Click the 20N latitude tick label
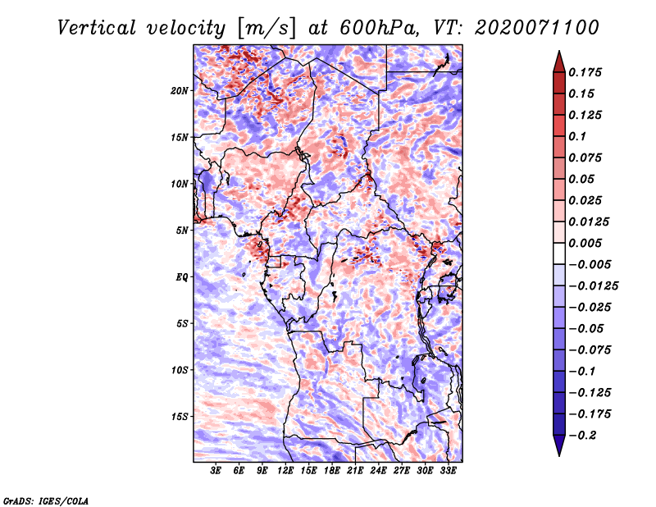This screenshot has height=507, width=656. click(180, 91)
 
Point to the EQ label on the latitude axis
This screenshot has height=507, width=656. click(182, 277)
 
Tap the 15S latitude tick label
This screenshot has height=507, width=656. click(180, 417)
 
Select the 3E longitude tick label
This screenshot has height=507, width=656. click(216, 470)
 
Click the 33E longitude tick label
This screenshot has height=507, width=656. click(448, 470)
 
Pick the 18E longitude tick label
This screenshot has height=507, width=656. click(332, 470)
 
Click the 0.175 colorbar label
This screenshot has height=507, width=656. click(585, 72)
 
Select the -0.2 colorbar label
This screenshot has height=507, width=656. click(582, 436)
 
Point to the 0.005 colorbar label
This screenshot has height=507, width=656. click(585, 243)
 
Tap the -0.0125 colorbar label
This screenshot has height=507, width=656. click(593, 286)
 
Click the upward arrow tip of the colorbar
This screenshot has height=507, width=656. click(559, 51)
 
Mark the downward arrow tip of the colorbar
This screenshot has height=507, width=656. click(559, 455)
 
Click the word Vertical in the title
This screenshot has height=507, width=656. click(97, 28)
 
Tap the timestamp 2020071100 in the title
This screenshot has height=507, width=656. click(537, 28)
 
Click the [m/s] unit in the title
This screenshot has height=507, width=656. click(266, 29)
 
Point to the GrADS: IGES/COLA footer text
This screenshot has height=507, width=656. click(46, 500)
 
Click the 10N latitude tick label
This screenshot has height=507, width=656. click(180, 184)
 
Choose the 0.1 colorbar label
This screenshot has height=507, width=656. click(577, 136)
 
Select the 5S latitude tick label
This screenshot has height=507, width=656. click(182, 323)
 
